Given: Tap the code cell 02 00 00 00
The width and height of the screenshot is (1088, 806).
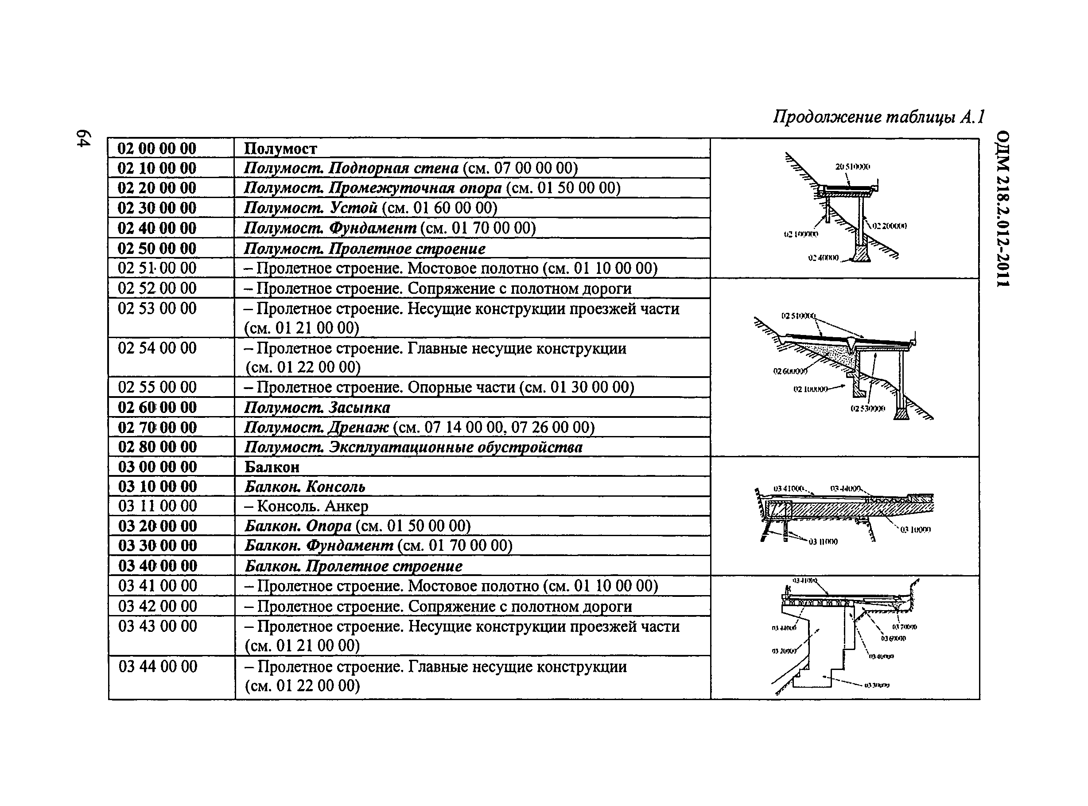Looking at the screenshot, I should (x=156, y=148).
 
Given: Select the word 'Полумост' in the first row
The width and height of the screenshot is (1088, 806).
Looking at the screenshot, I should (x=280, y=148).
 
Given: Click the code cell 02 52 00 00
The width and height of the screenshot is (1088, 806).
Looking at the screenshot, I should (x=156, y=288).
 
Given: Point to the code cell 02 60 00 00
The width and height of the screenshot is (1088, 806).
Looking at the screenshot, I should (x=156, y=407).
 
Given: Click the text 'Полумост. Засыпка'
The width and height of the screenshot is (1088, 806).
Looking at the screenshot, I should (x=316, y=407).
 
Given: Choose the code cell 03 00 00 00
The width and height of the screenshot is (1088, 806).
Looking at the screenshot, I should (x=157, y=467).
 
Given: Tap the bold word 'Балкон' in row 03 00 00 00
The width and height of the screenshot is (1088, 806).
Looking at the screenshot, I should (x=272, y=467).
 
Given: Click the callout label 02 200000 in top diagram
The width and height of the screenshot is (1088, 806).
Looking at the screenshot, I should (x=889, y=226).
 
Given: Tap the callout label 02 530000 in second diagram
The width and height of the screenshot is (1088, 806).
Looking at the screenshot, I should (x=867, y=409).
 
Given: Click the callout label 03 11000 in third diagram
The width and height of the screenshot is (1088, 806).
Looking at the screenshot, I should (x=823, y=541).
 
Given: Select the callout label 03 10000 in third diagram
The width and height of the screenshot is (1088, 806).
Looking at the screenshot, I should (x=915, y=530).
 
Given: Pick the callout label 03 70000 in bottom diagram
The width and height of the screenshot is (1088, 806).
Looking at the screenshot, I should (x=905, y=627).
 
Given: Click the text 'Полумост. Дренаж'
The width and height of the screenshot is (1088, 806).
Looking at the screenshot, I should (x=316, y=428).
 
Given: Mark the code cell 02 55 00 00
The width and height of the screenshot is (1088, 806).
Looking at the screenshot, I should (x=156, y=387).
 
